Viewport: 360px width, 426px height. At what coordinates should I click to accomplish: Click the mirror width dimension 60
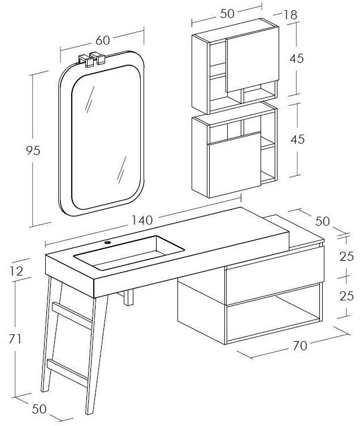pyautogui.click(x=102, y=40)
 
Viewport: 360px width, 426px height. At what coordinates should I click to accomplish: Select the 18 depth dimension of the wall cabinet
pyautogui.click(x=290, y=15)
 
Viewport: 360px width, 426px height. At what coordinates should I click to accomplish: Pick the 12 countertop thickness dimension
pyautogui.click(x=16, y=271)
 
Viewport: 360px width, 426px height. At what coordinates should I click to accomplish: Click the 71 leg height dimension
pyautogui.click(x=15, y=339)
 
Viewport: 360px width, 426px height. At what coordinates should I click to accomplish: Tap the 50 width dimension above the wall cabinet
pyautogui.click(x=228, y=14)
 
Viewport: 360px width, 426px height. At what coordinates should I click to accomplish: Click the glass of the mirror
pyautogui.click(x=105, y=136)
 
